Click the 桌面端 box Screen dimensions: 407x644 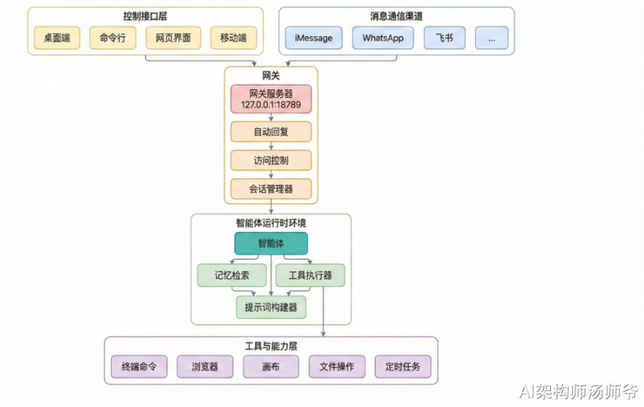(57, 38)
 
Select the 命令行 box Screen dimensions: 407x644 (113, 38)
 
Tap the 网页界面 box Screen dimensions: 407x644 (173, 38)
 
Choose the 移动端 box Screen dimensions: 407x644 (233, 38)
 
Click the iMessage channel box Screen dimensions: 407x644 (314, 38)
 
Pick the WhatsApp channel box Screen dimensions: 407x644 (383, 38)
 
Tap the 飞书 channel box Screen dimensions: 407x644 (444, 38)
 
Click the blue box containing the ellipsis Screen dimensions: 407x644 (491, 38)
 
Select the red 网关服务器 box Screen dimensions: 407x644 (271, 99)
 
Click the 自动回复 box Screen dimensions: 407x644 (271, 132)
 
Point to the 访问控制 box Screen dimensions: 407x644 (271, 160)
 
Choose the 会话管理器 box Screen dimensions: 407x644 (271, 188)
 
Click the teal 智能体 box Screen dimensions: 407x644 (271, 244)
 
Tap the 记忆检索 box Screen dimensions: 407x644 (231, 275)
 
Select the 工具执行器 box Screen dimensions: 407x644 (310, 275)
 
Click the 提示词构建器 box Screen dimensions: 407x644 (271, 307)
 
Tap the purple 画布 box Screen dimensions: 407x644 (271, 366)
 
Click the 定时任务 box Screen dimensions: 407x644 (403, 366)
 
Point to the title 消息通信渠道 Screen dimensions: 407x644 (396, 16)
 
